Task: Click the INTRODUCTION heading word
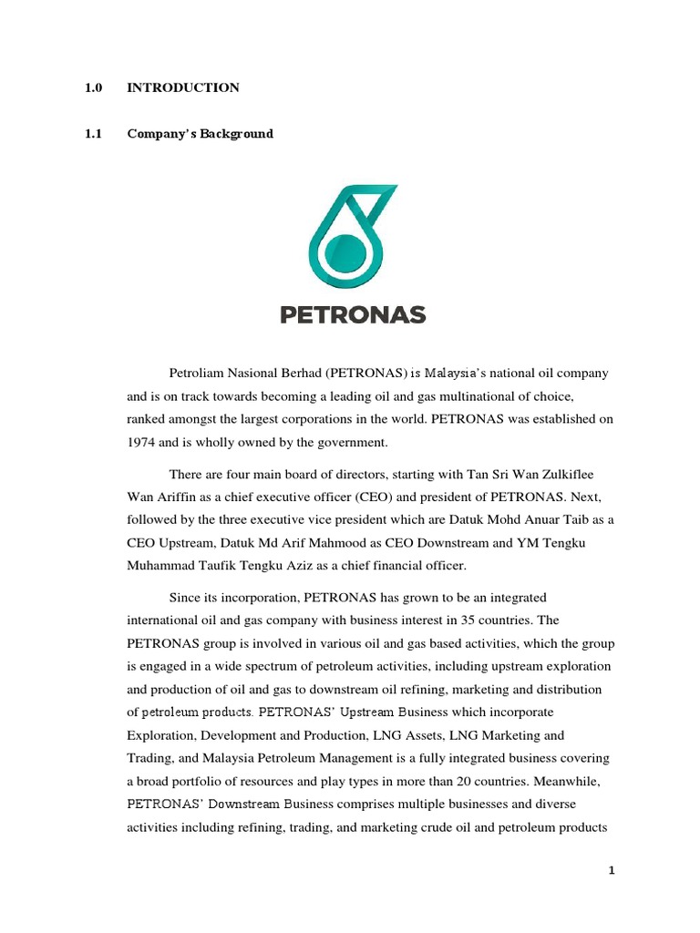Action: (x=183, y=88)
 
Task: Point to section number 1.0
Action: (x=92, y=88)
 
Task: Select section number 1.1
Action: (x=92, y=134)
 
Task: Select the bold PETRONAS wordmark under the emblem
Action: (x=352, y=315)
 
